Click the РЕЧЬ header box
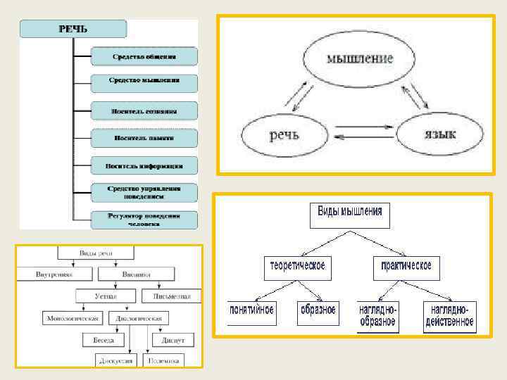coord(73,29)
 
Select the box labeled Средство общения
coord(144,56)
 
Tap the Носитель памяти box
coord(144,139)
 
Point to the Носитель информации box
coord(144,166)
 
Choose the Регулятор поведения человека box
coord(144,219)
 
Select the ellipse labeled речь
coord(285,134)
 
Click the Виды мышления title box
coord(350,215)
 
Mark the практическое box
coord(406,267)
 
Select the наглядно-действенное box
coord(449,317)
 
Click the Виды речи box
coord(96,253)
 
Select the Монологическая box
coord(74,318)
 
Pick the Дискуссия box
coord(115,360)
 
